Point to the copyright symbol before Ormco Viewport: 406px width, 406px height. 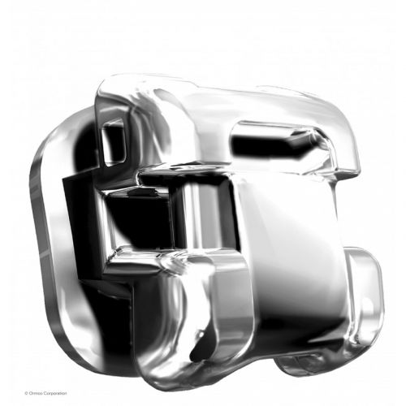(x=26, y=393)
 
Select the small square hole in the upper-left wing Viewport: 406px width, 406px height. (x=114, y=142)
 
